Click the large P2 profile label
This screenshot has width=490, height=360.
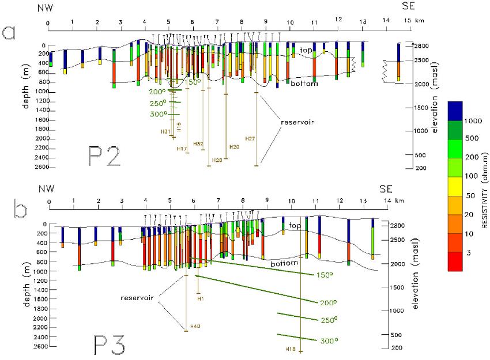(105, 156)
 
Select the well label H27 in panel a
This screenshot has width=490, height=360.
(250, 138)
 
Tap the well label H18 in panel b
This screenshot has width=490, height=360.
(291, 348)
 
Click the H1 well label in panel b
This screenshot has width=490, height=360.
(201, 299)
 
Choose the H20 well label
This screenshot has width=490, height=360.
(234, 146)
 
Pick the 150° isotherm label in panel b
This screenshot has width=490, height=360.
(324, 275)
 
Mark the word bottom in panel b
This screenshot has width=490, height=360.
(284, 263)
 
